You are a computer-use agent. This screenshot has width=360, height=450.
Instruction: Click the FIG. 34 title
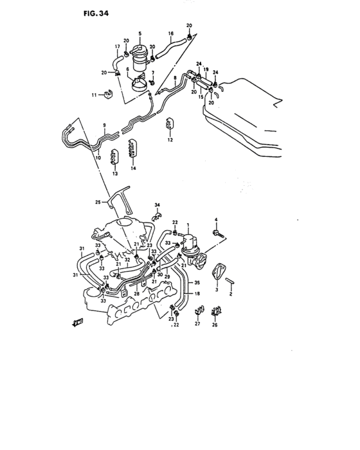[x=96, y=14]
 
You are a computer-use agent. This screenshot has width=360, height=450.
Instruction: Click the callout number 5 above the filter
[x=140, y=33]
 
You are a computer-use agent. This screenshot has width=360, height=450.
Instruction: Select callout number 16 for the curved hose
[x=171, y=33]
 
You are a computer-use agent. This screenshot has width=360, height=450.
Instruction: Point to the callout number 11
[x=94, y=94]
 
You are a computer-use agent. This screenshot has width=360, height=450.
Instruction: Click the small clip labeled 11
[x=108, y=94]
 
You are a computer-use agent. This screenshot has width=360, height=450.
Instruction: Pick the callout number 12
[x=170, y=139]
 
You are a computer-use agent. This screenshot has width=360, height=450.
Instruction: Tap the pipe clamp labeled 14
[x=132, y=148]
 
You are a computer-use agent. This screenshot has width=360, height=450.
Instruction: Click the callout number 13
[x=115, y=174]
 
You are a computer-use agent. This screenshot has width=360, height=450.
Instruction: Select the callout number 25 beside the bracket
[x=98, y=202]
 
